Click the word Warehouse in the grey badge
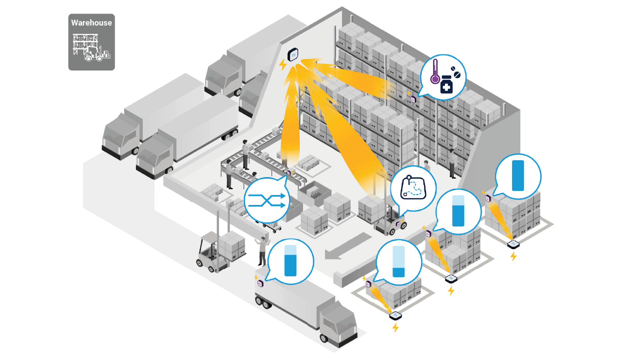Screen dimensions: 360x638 pyautogui.click(x=91, y=23)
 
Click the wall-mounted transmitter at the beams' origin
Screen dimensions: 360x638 pyautogui.click(x=293, y=55)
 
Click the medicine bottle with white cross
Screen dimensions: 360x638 pyautogui.click(x=446, y=85)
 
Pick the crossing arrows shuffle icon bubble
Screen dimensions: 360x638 pyautogui.click(x=267, y=200)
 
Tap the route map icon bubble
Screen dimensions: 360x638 pyautogui.click(x=413, y=188)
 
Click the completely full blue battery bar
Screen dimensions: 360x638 pyautogui.click(x=518, y=176)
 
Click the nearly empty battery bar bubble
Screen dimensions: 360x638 pyautogui.click(x=398, y=262)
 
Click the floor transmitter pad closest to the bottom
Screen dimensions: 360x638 pyautogui.click(x=395, y=315)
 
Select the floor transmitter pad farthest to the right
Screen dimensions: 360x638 pyautogui.click(x=513, y=244)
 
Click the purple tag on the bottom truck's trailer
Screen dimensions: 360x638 pyautogui.click(x=261, y=283)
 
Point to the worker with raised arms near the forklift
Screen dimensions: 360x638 pyautogui.click(x=262, y=251)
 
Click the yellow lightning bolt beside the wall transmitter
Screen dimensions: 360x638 pyautogui.click(x=283, y=64)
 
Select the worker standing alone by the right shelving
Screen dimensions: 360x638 pyautogui.click(x=452, y=163)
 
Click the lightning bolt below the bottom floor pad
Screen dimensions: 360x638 pyautogui.click(x=395, y=328)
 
